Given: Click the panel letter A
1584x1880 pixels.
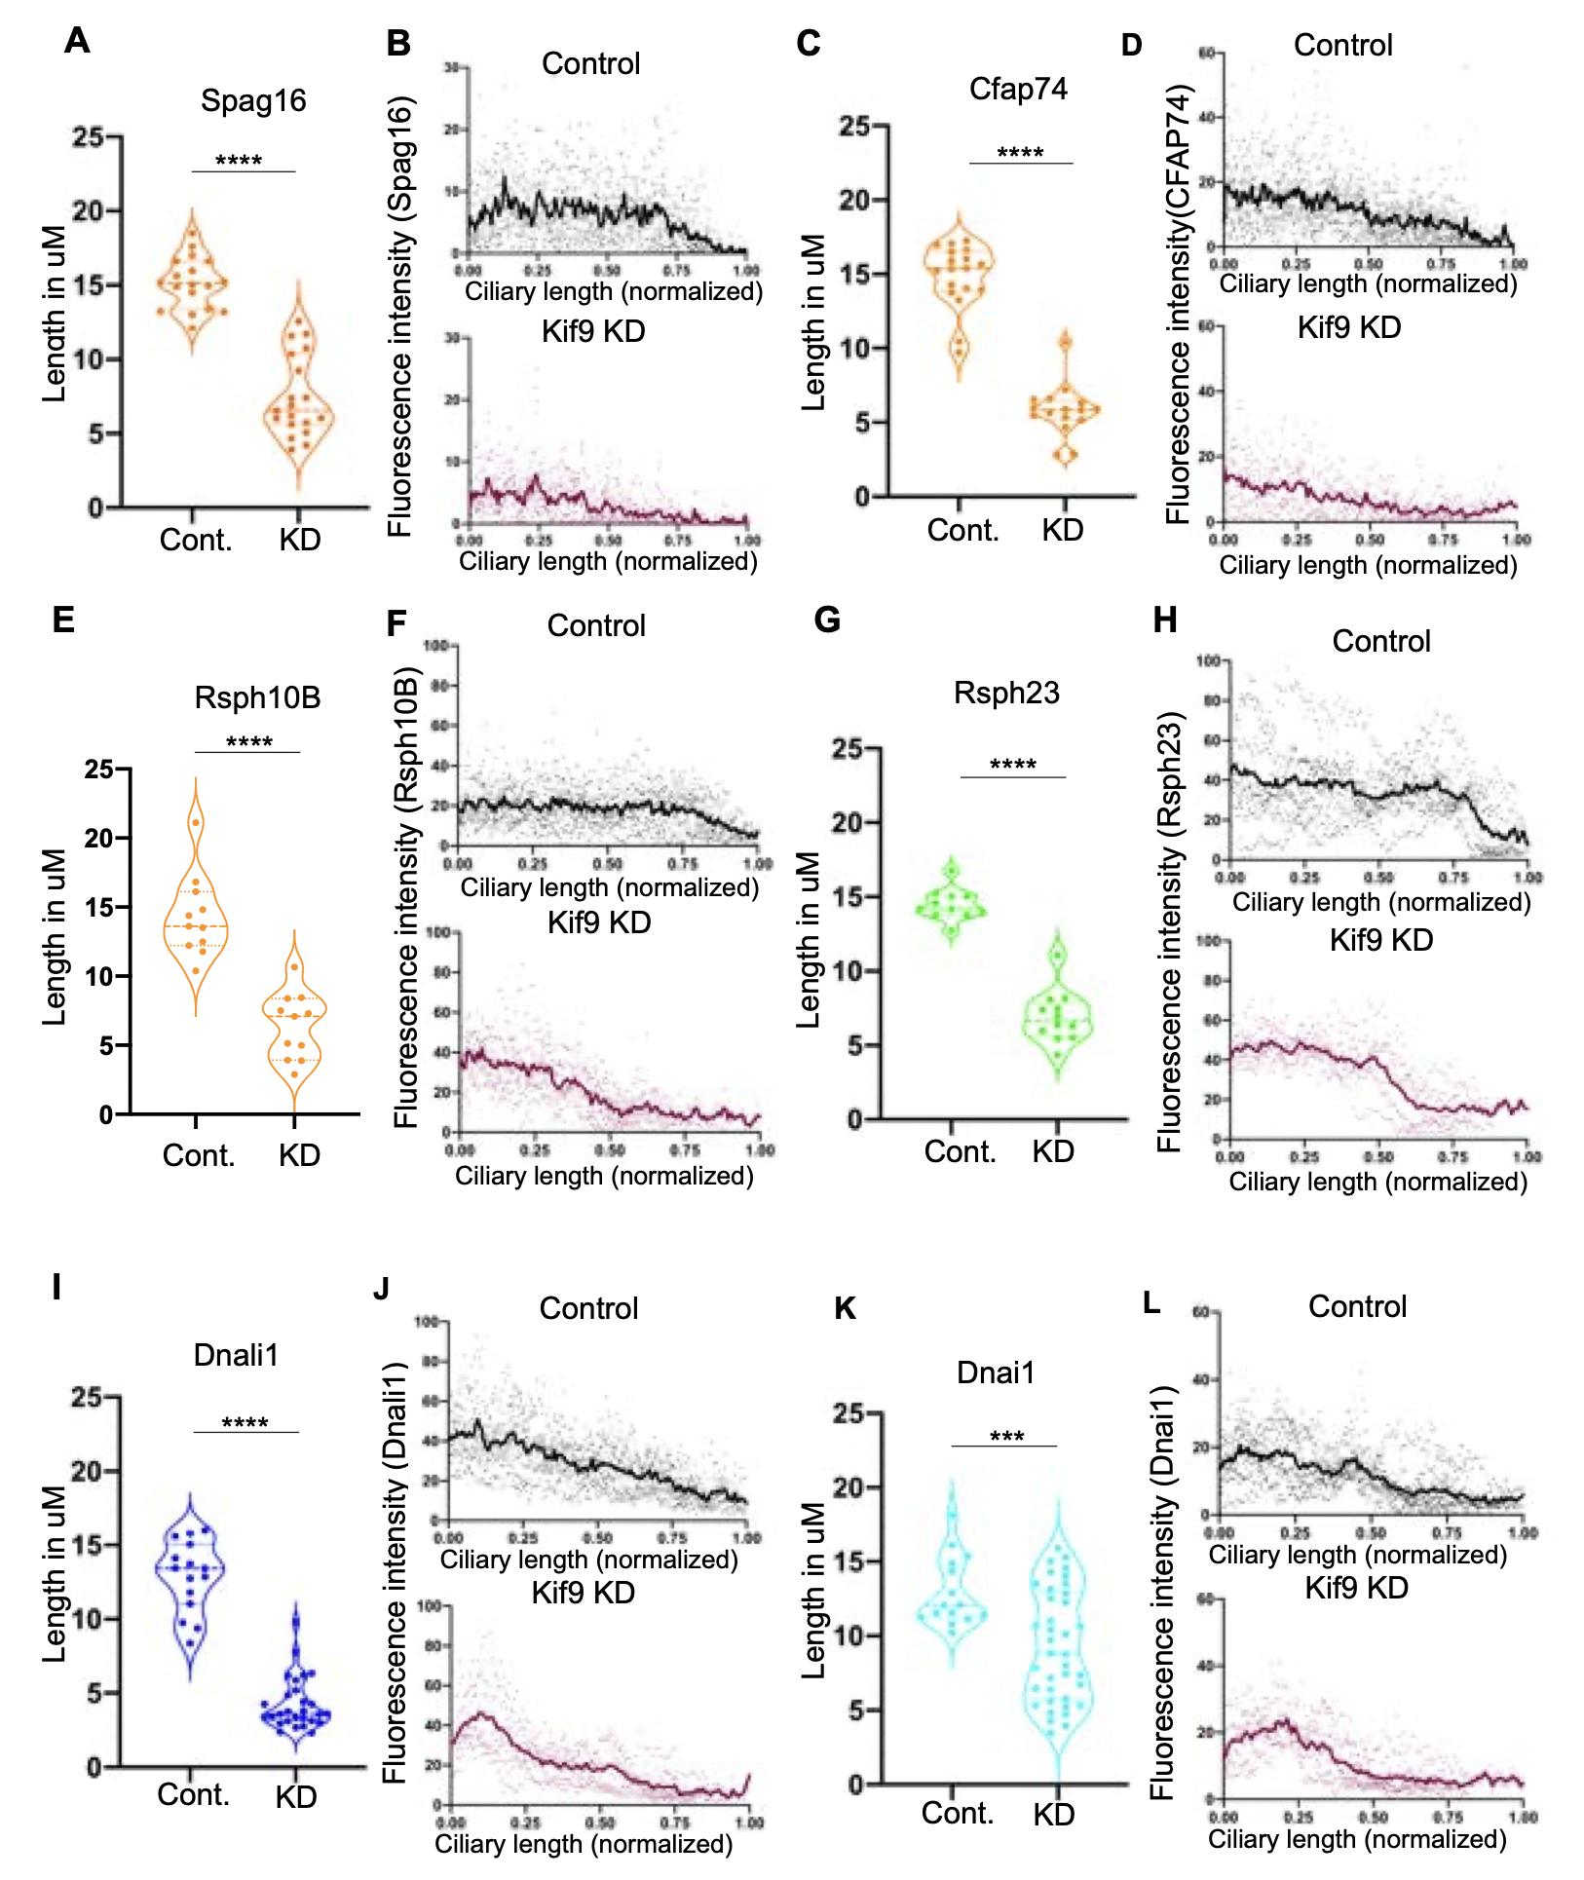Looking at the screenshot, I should (x=77, y=41).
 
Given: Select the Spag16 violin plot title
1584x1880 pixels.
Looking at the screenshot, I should (x=253, y=100).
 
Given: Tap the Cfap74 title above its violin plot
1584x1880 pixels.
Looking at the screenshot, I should (x=1018, y=89).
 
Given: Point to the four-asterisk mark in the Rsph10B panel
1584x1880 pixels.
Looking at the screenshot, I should (x=248, y=742).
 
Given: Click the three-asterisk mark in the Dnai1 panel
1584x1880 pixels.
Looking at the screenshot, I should (x=1006, y=1438).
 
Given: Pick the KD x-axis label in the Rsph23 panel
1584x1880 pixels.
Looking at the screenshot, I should (x=1053, y=1151).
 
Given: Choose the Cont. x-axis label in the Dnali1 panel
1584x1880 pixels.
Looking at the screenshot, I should (x=193, y=1794).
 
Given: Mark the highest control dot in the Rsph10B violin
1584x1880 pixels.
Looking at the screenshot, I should (x=196, y=823).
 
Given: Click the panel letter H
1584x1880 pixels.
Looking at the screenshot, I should (x=1165, y=620).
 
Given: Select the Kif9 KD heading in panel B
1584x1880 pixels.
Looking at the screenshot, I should (x=593, y=331).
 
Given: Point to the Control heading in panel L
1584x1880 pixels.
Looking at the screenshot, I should (x=1357, y=1306).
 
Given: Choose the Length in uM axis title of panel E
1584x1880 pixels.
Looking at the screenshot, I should (x=56, y=937).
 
